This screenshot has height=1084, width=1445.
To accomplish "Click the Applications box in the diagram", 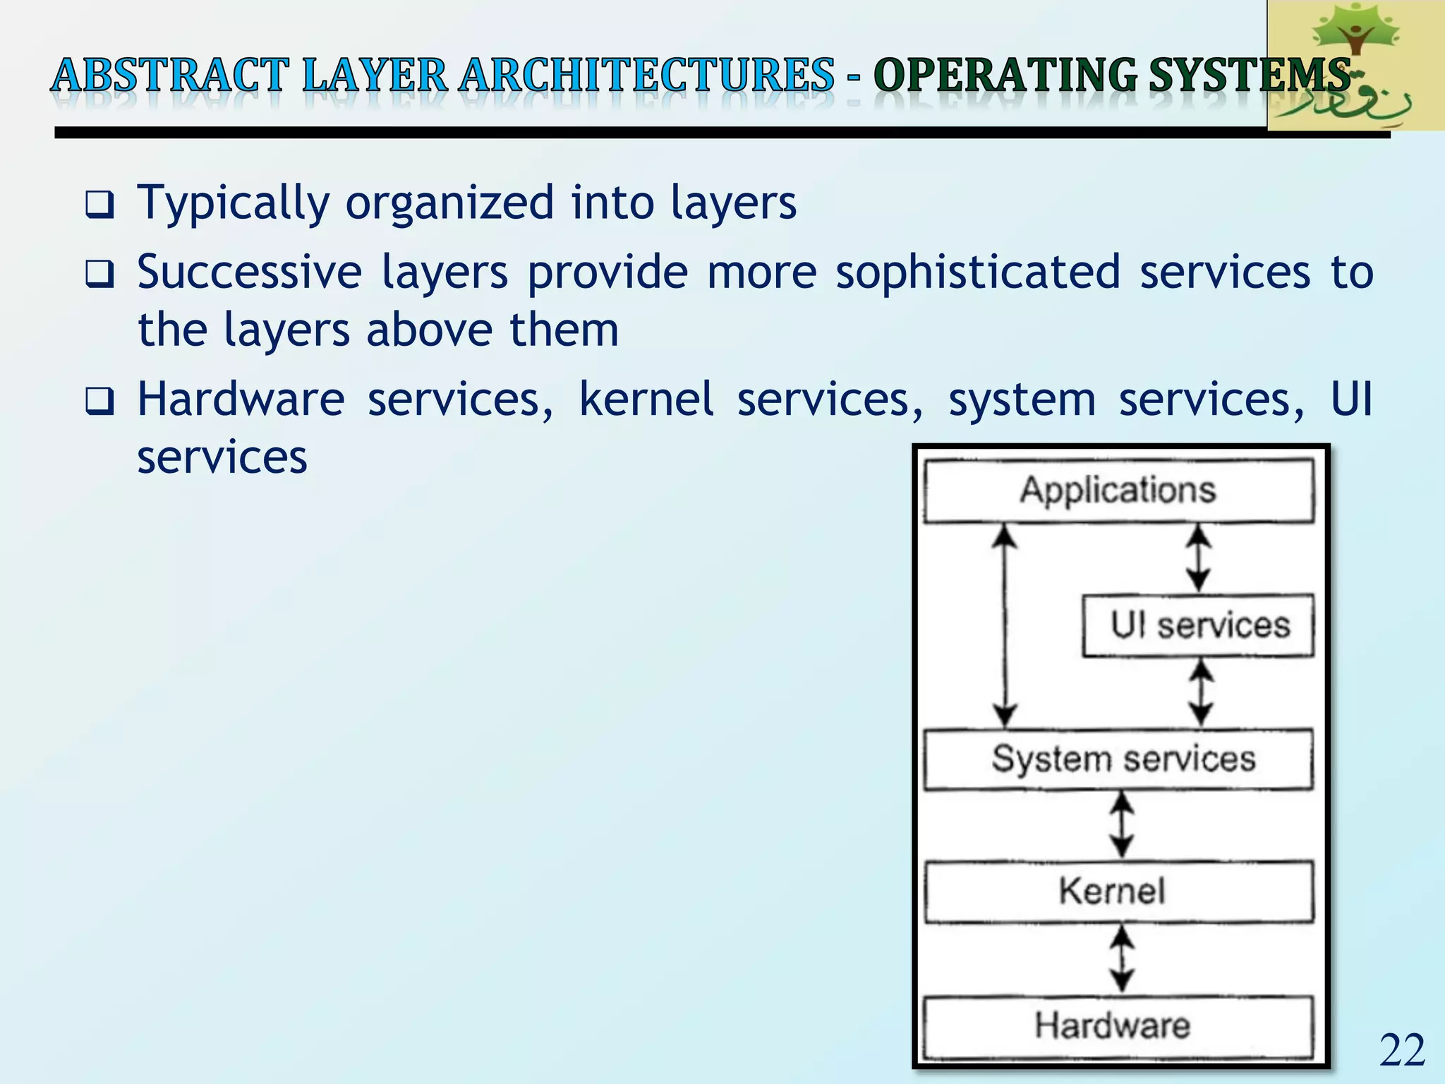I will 1118,490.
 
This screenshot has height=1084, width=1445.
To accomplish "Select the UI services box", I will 1198,625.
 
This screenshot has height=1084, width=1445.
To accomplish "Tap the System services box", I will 1118,759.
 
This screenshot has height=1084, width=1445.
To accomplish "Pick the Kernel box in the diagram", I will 1118,891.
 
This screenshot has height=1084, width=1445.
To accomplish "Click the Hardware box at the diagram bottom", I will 1118,1026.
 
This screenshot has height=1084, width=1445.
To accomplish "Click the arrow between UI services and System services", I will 1201,692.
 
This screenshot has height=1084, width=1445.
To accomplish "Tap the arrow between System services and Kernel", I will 1122,824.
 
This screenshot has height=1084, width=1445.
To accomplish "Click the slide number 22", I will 1402,1051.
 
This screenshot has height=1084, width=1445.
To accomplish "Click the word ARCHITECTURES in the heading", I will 646,76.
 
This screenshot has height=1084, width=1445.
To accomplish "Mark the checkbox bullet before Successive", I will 99,274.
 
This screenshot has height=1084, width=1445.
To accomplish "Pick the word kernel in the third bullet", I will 646,399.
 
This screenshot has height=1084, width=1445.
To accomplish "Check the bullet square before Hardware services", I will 99,402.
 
